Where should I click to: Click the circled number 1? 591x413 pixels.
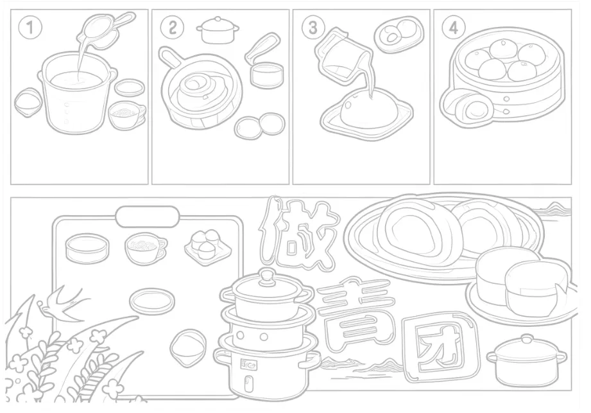[x=30, y=28]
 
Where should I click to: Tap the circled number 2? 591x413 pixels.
[x=172, y=28]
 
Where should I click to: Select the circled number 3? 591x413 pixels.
[x=313, y=28]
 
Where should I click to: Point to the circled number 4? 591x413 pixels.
[x=454, y=28]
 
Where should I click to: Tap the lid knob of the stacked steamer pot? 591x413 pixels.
[x=267, y=276]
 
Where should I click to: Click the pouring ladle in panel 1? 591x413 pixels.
[x=105, y=30]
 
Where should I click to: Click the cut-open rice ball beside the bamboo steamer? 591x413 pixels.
[x=467, y=107]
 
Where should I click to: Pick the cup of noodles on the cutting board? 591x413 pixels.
[x=146, y=247]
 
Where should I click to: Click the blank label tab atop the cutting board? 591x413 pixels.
[x=148, y=216]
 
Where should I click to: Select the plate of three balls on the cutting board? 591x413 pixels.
[x=208, y=246]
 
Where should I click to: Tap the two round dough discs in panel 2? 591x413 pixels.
[x=260, y=126]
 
